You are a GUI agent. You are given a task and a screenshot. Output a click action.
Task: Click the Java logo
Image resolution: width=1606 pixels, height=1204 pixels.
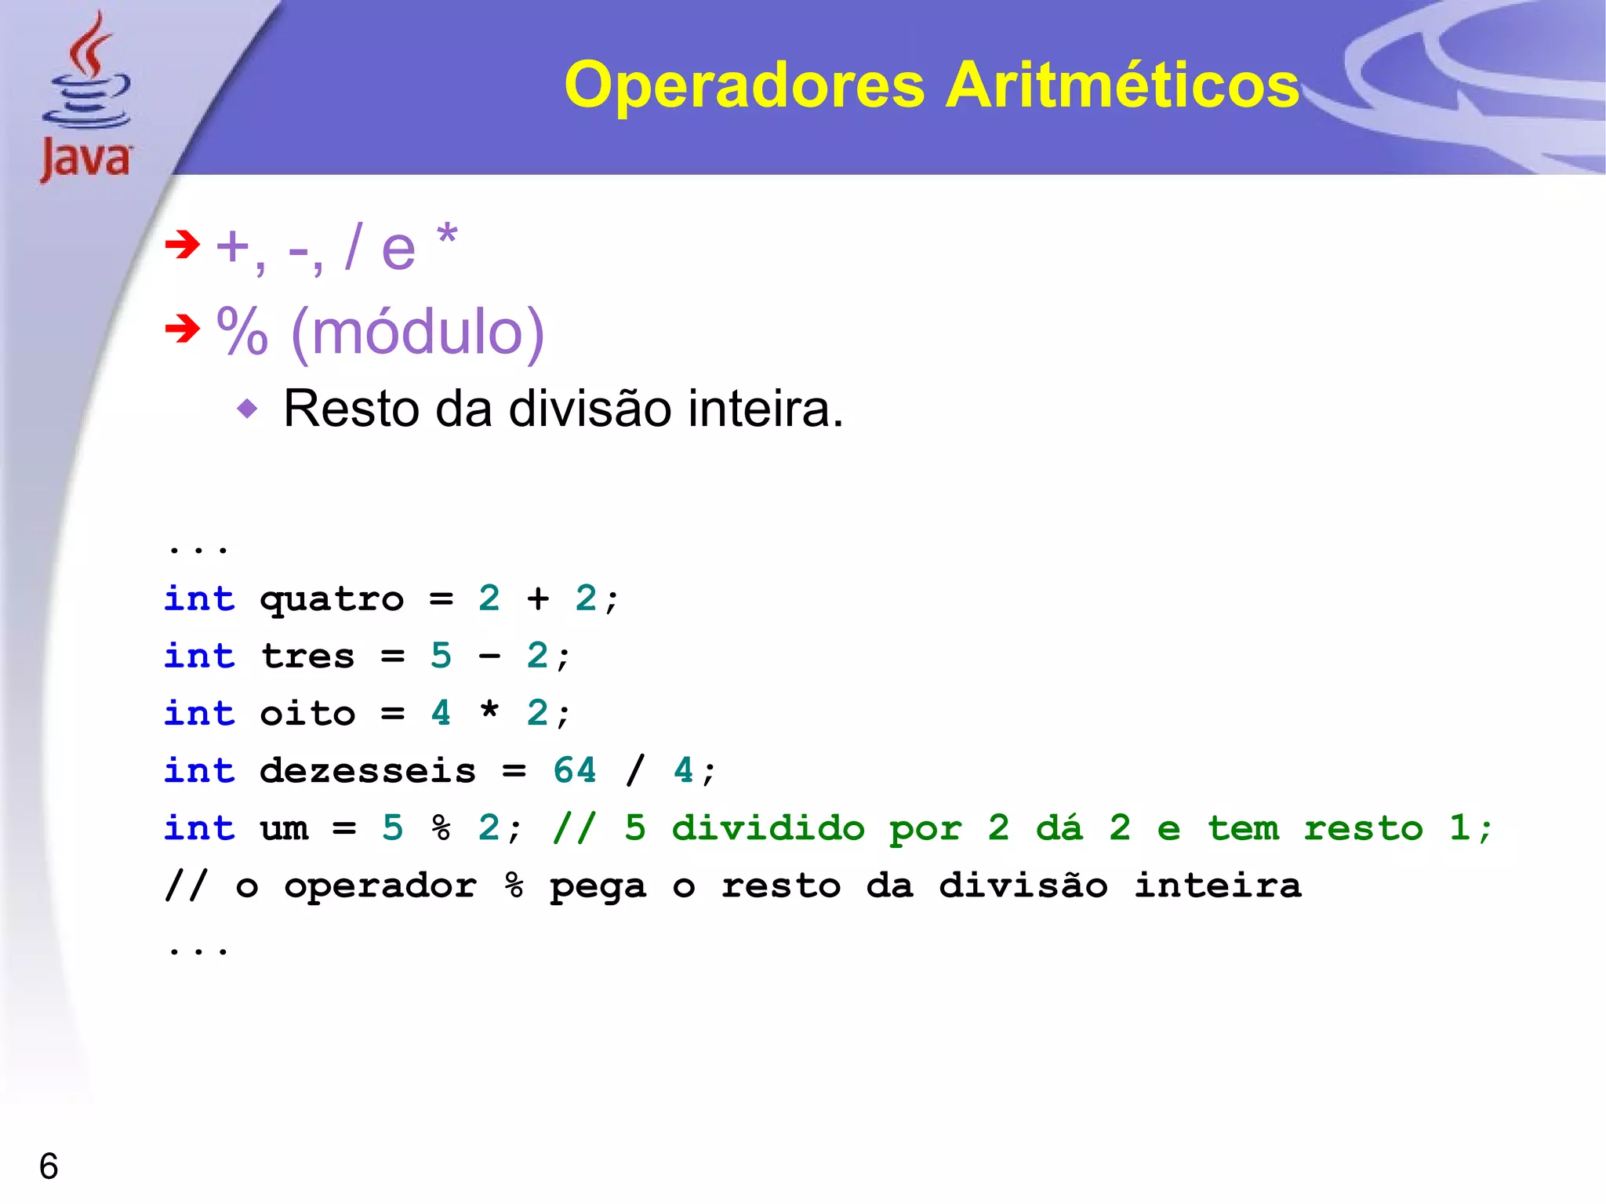86,98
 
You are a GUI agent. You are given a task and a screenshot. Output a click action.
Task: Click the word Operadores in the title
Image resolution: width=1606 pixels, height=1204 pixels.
744,85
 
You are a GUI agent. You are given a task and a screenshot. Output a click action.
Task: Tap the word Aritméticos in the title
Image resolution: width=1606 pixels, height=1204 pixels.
1122,85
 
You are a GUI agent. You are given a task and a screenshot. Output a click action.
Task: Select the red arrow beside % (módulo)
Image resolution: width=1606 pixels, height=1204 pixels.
183,329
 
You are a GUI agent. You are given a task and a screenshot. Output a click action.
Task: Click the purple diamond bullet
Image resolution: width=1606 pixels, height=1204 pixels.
247,409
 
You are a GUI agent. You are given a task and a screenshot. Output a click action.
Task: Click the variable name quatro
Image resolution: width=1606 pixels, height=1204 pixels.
332,600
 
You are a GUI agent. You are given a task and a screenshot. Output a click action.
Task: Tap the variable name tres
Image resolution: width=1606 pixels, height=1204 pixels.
307,657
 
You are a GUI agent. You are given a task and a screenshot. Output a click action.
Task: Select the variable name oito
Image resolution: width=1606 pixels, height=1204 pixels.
307,714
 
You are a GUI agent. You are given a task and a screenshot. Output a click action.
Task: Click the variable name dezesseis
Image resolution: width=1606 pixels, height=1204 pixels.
368,771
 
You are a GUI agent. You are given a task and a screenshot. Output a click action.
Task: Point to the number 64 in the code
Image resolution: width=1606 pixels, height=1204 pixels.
575,770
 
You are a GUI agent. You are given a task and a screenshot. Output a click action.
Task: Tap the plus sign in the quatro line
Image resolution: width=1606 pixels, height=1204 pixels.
538,599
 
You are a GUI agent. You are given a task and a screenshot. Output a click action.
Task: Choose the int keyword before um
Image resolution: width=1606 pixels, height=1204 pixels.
199,828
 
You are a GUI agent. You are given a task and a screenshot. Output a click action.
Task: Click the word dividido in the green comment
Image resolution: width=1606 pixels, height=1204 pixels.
768,828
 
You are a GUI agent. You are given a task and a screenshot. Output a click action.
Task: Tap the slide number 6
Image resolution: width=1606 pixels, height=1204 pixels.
49,1166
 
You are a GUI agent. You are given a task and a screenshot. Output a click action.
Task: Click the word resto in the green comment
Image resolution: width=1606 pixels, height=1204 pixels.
1363,828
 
